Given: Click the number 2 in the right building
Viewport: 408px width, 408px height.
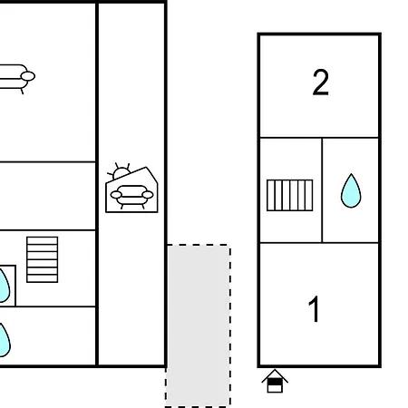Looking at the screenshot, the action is coord(320,83).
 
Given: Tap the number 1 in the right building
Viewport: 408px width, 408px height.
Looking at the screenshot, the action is coord(315,309).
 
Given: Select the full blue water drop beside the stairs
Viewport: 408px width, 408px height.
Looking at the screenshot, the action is coord(351,190).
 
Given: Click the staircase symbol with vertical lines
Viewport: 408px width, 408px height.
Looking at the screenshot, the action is coord(290,195).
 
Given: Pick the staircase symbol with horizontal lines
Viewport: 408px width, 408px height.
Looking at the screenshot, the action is coord(43,259).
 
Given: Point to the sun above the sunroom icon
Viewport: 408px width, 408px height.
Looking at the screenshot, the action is coord(121,172).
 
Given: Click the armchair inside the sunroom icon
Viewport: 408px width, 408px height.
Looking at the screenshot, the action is coord(131,197).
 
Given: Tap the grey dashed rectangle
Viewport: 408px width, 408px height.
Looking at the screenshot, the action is coord(198,325).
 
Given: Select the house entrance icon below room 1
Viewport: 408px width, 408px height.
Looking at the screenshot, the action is coord(275,381).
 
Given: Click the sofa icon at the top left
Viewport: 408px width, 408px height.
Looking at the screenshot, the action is coord(15,78).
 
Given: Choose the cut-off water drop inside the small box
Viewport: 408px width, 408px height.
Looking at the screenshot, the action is coord(5,286).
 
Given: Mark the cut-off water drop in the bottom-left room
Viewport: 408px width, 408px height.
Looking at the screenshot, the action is coord(5,340).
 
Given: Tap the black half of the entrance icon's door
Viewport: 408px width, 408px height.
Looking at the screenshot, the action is coord(275,383).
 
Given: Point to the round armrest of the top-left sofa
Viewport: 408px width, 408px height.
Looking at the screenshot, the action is coord(28,76).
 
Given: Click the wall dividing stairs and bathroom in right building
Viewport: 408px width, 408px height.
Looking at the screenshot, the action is coord(322,190).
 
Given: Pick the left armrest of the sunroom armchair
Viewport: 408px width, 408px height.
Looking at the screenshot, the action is coord(116,195).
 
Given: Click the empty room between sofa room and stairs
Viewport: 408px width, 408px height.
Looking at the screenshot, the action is coord(48,196).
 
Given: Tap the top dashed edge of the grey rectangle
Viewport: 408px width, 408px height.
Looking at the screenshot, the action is coord(199,245).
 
